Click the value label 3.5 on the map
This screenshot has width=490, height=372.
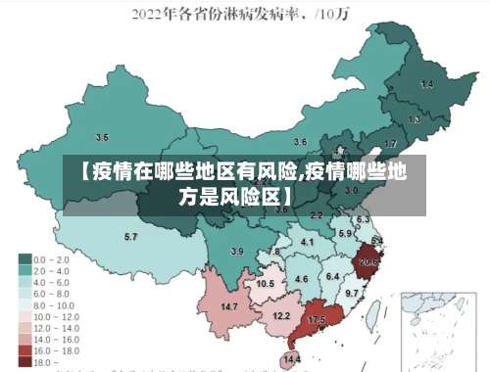pyautogui.click(x=102, y=137)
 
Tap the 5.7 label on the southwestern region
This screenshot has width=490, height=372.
pyautogui.click(x=130, y=237)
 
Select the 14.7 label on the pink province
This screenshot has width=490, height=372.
pyautogui.click(x=228, y=307)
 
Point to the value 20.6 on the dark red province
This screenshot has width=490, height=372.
pyautogui.click(x=369, y=262)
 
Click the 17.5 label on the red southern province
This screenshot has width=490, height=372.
pyautogui.click(x=317, y=320)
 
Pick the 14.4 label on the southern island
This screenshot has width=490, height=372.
pyautogui.click(x=292, y=360)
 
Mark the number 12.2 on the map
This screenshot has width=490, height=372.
pyautogui.click(x=281, y=315)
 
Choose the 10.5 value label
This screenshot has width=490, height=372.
pyautogui.click(x=265, y=283)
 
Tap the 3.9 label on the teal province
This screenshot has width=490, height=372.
pyautogui.click(x=236, y=252)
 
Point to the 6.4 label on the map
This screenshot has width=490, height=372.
pyautogui.click(x=332, y=277)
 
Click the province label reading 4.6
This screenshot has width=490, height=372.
pyautogui.click(x=302, y=279)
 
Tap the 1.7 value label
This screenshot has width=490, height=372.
pyautogui.click(x=390, y=144)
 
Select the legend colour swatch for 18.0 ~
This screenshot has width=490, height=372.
pyautogui.click(x=24, y=361)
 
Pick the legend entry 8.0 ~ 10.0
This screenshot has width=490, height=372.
pyautogui.click(x=50, y=304)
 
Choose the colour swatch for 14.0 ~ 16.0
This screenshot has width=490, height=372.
pyautogui.click(x=24, y=339)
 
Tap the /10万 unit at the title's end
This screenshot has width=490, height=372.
pyautogui.click(x=339, y=15)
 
